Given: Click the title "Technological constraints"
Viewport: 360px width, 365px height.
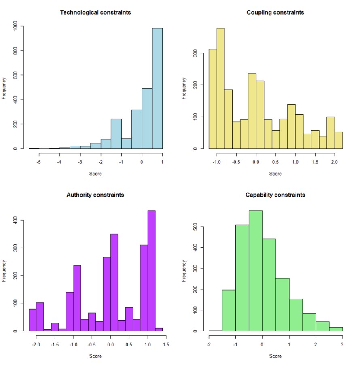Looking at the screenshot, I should click(x=95, y=13).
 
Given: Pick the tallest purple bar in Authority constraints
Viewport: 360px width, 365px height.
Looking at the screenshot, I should click(x=151, y=271).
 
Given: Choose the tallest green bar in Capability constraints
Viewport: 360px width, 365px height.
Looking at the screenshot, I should click(x=255, y=271).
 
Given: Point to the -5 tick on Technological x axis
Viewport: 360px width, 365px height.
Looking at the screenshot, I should click(x=39, y=162).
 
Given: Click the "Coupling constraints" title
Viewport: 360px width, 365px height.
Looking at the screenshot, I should click(x=275, y=13).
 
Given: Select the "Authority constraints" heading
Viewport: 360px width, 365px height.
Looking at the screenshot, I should click(x=95, y=195).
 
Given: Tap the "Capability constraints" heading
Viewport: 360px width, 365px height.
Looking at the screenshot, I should click(x=275, y=195).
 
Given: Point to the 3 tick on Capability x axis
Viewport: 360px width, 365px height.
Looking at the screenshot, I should click(x=342, y=345).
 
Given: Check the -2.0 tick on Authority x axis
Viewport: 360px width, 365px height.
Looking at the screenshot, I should click(x=36, y=345).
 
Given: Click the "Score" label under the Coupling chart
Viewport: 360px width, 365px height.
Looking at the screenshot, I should click(x=275, y=174).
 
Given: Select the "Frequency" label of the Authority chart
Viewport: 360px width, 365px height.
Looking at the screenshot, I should click(x=4, y=270).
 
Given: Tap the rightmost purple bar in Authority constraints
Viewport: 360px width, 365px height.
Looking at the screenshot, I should click(x=159, y=329).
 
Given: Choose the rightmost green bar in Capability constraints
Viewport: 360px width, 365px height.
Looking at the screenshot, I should click(x=336, y=329).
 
